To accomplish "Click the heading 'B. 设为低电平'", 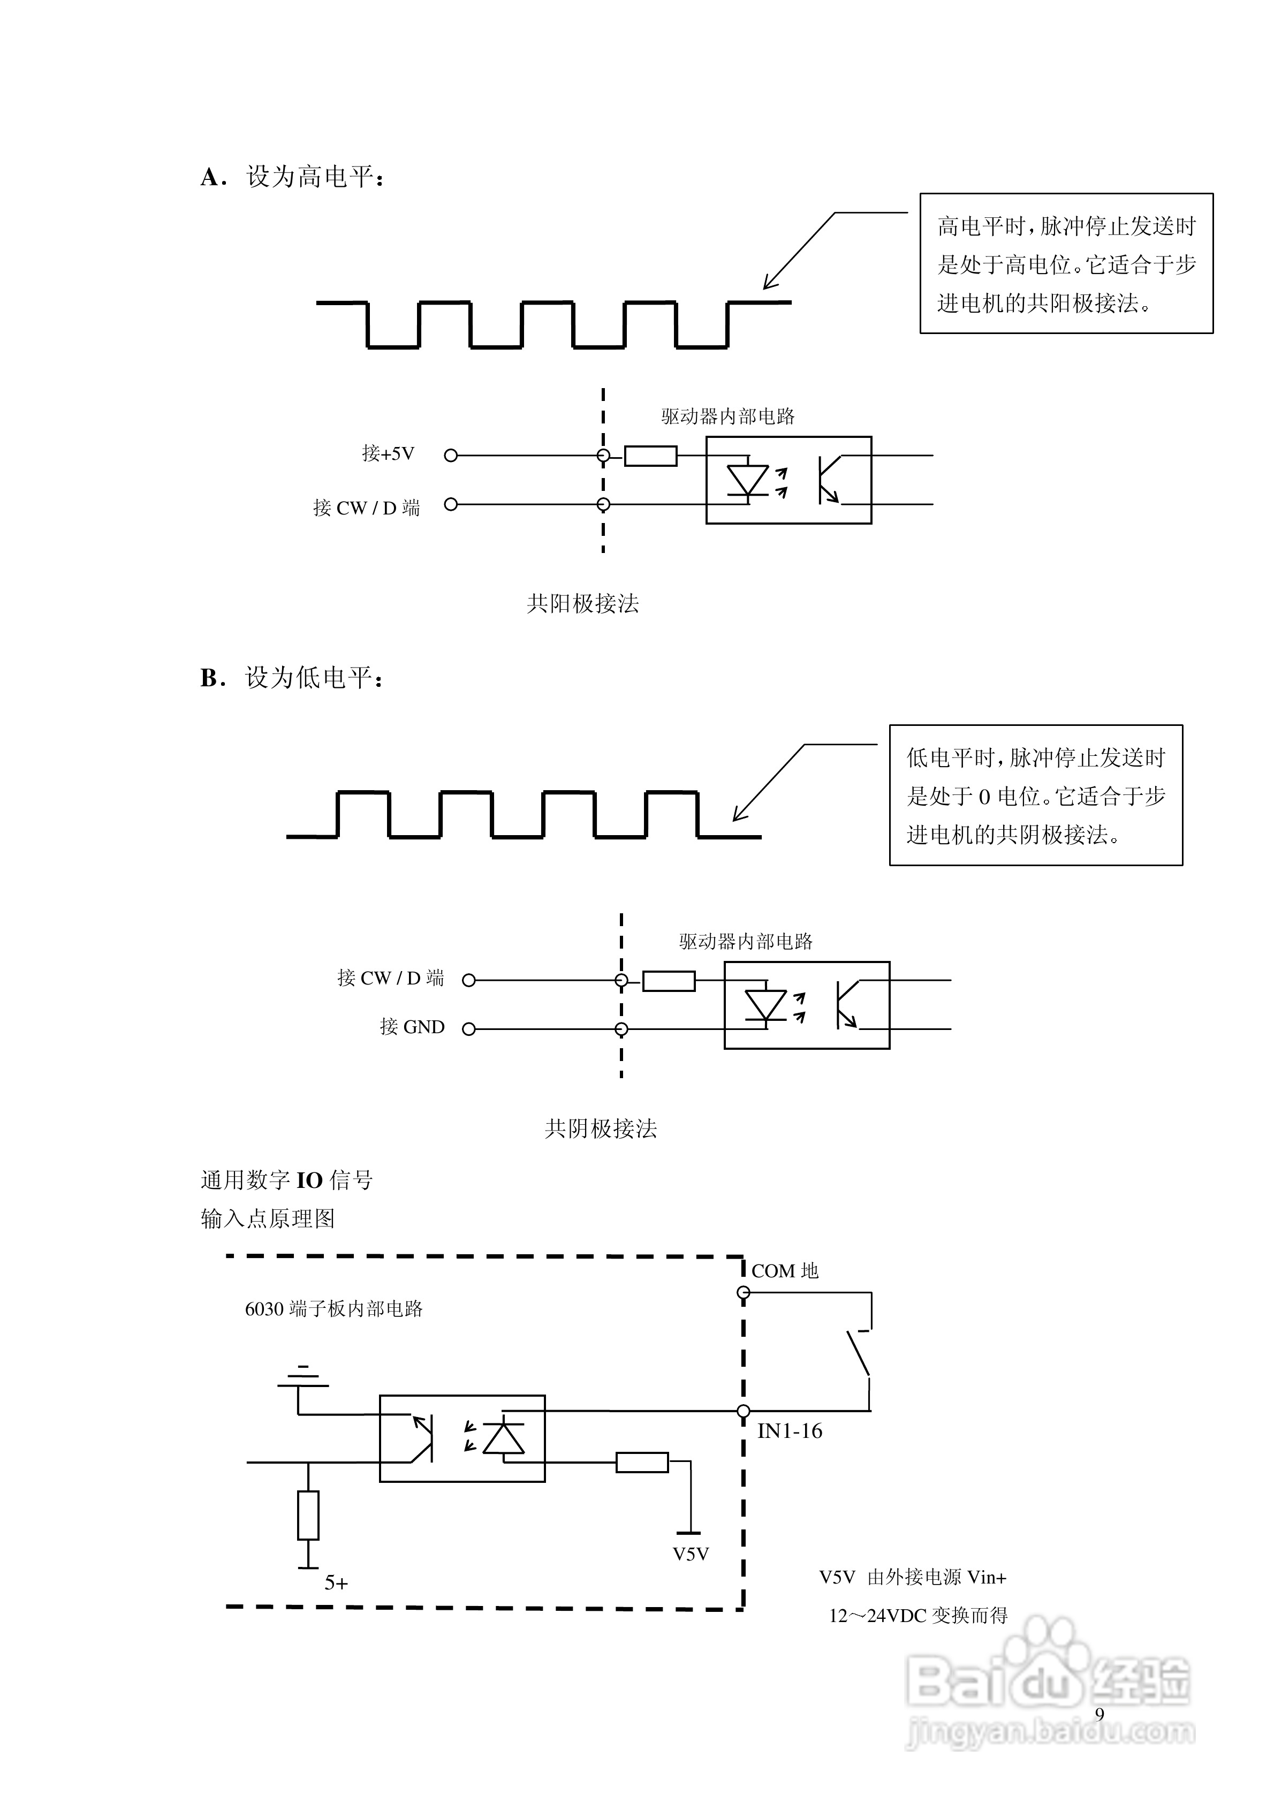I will click(x=292, y=678).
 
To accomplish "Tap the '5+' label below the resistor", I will click(x=336, y=1583).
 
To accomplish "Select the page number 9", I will click(x=1099, y=1714).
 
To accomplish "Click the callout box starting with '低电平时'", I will click(x=1035, y=796).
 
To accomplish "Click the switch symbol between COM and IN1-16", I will click(x=859, y=1352).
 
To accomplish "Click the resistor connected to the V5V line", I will click(x=642, y=1462).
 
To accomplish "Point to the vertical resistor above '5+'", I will click(x=308, y=1515).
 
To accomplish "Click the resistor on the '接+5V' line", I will click(x=650, y=456).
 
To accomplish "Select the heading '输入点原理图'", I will click(x=267, y=1219).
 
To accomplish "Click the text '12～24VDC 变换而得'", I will click(x=917, y=1615).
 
